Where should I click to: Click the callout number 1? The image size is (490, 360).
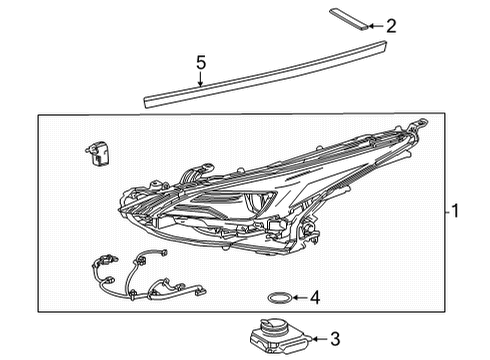coord(456,212)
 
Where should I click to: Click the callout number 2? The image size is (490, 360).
coord(391,26)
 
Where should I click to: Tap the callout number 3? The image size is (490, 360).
coord(335,338)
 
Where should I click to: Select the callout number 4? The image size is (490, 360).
coord(314,297)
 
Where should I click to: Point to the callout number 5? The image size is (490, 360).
coord(200,62)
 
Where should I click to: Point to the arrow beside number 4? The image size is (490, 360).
coord(297,297)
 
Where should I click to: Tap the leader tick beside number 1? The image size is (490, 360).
coord(444,212)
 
